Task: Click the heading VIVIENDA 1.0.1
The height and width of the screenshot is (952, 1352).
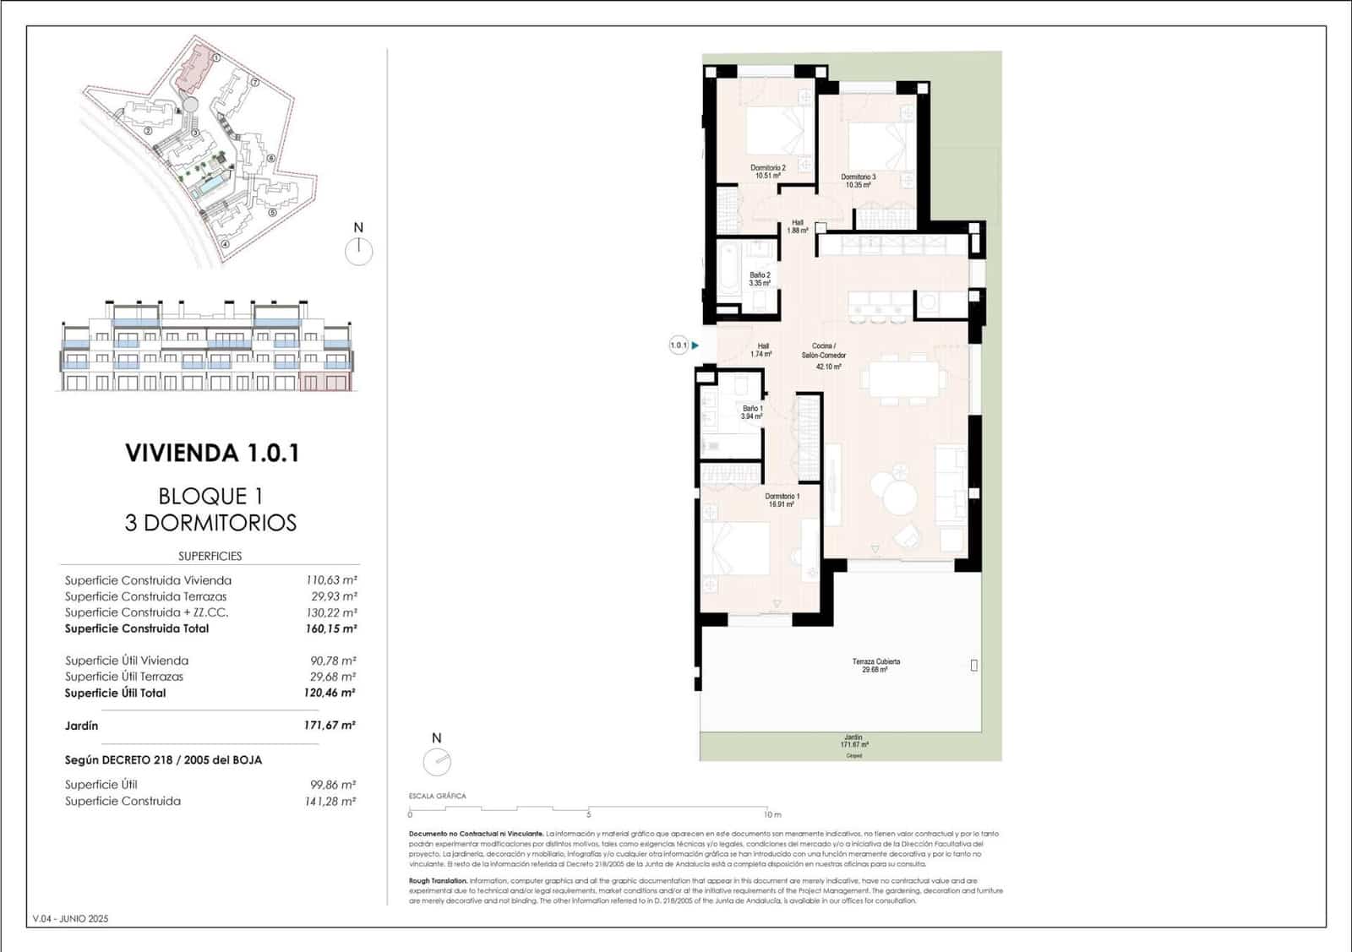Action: (x=212, y=453)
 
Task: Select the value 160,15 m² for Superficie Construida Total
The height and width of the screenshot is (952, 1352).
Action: (x=330, y=628)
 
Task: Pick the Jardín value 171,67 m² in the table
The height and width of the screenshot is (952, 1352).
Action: (x=330, y=725)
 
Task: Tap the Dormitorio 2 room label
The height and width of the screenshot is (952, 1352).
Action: (x=767, y=171)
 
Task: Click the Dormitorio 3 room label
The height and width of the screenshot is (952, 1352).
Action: (x=858, y=181)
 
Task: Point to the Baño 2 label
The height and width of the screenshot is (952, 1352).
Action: (x=760, y=279)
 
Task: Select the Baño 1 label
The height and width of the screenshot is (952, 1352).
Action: (x=751, y=412)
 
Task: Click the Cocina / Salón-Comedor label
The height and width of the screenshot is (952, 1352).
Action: (x=824, y=356)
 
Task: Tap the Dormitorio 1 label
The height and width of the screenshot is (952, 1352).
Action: (x=782, y=500)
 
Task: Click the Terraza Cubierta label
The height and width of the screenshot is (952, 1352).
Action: (x=875, y=665)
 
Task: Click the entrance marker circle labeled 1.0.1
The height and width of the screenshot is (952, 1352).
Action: (x=679, y=345)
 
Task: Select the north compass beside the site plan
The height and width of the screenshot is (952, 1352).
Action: (x=359, y=251)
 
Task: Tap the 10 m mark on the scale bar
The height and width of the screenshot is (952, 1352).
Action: (x=771, y=814)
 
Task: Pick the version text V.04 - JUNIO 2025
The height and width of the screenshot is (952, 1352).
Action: (x=70, y=918)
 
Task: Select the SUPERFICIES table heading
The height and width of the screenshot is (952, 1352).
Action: (x=210, y=556)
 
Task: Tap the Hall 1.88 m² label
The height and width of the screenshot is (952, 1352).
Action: (x=798, y=226)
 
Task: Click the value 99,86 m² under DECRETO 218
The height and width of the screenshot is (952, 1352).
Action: (x=332, y=785)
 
